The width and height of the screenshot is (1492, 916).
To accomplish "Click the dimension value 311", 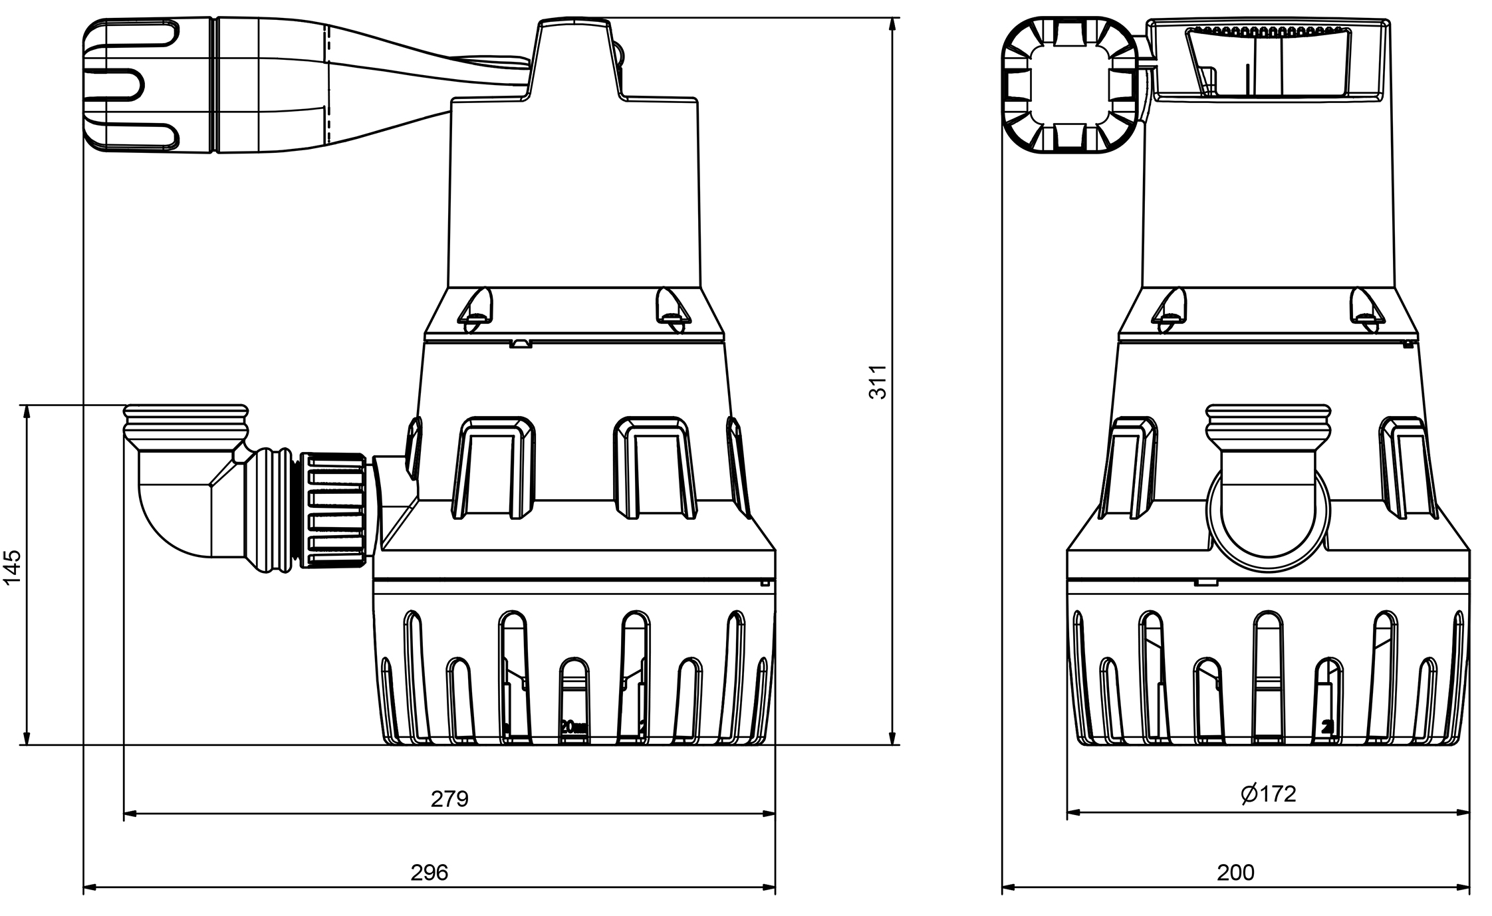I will pyautogui.click(x=878, y=382).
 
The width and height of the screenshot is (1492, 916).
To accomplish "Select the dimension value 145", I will pyautogui.click(x=13, y=566).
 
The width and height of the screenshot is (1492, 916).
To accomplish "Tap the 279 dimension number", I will pyautogui.click(x=449, y=798).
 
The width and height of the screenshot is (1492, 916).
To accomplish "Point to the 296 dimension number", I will pyautogui.click(x=429, y=872).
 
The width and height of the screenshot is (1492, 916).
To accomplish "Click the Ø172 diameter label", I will pyautogui.click(x=1268, y=794).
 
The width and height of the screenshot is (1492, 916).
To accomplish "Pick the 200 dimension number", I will pyautogui.click(x=1235, y=872).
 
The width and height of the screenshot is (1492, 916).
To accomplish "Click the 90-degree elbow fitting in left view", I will pyautogui.click(x=180, y=505).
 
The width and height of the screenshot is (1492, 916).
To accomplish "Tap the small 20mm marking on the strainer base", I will pyautogui.click(x=573, y=727).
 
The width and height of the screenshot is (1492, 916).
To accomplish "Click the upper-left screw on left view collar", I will pyautogui.click(x=477, y=308).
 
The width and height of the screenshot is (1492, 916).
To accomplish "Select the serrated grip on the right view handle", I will pyautogui.click(x=1267, y=30).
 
